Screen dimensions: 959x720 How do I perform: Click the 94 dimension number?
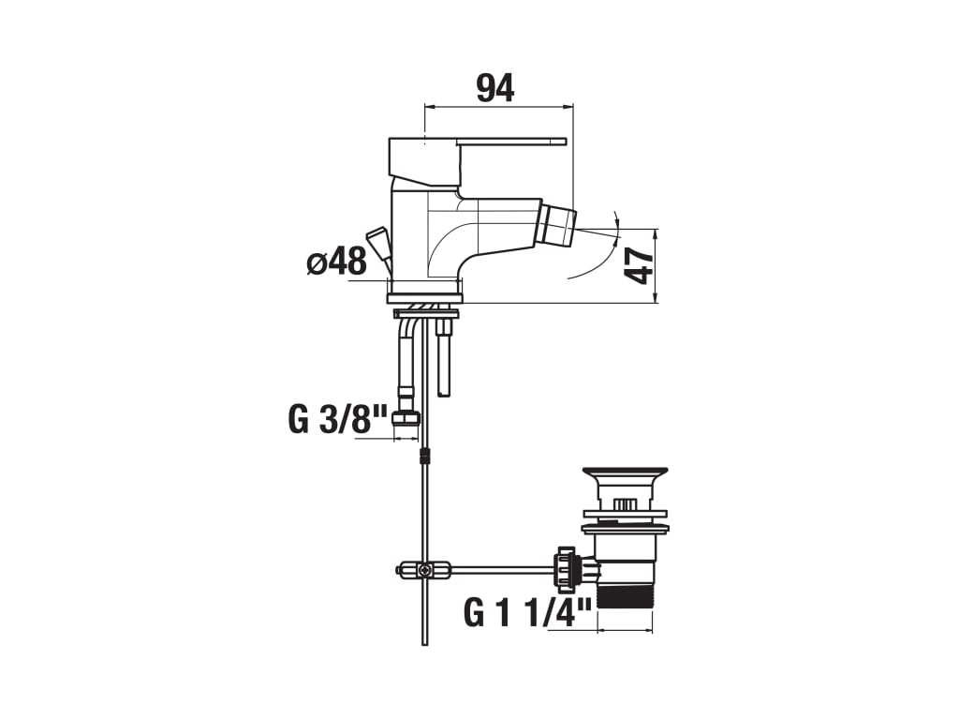pos(495,88)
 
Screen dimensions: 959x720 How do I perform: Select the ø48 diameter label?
pos(336,262)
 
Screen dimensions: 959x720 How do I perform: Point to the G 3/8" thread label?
pos(337,419)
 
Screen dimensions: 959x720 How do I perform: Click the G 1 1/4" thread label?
pos(528,612)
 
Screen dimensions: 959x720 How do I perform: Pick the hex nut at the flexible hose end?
pos(406,419)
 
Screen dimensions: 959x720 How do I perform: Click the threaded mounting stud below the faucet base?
pos(444,361)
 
